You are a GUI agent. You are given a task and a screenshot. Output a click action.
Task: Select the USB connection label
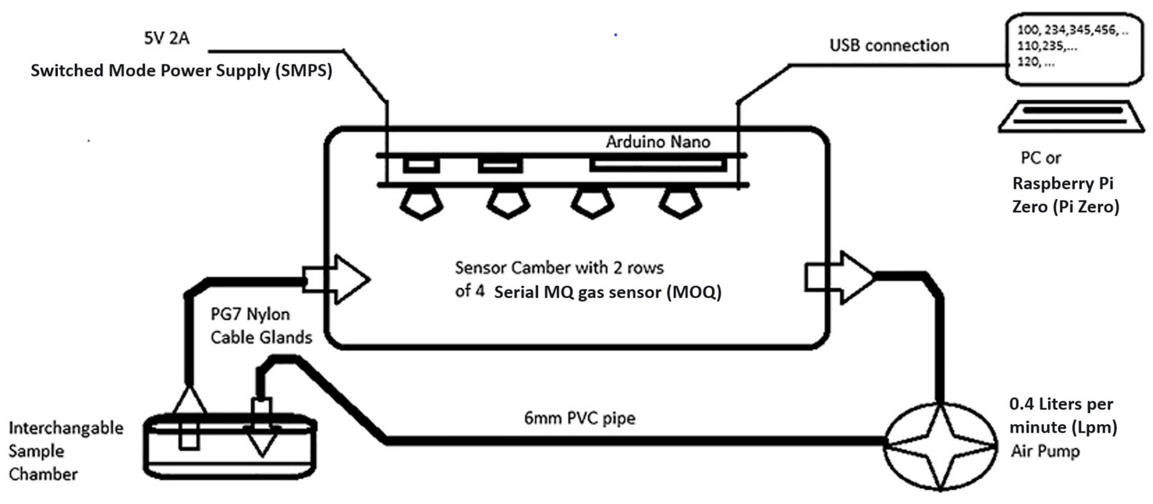click(x=889, y=46)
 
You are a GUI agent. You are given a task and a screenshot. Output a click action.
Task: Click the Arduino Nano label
click(x=658, y=142)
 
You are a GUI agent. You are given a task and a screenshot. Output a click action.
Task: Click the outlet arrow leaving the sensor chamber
click(x=842, y=278)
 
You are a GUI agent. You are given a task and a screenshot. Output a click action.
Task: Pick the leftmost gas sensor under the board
click(x=421, y=204)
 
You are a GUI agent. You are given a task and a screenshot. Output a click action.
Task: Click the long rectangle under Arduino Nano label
click(x=658, y=165)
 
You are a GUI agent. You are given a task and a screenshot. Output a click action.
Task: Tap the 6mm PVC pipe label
click(x=579, y=418)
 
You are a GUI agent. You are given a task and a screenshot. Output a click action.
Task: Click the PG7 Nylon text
click(x=250, y=314)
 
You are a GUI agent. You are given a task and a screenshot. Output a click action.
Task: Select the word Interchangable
click(x=66, y=428)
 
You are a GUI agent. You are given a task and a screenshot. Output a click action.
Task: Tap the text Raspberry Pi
click(x=1062, y=184)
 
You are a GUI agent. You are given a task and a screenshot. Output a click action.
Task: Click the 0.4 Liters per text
click(x=1061, y=404)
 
